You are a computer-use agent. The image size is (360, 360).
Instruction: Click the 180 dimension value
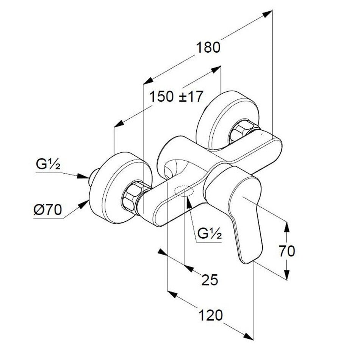pos(208,48)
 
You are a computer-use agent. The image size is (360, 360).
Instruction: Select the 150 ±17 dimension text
pos(176,96)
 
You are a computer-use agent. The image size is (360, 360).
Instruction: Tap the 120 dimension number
pos(210,315)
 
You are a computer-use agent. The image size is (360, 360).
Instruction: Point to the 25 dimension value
pos(210,280)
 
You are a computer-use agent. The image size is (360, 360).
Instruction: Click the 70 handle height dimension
pos(287,251)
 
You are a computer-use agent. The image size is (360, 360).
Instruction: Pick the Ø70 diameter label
pos(48,210)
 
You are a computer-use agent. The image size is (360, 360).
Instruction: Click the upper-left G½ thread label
pos(48,164)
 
